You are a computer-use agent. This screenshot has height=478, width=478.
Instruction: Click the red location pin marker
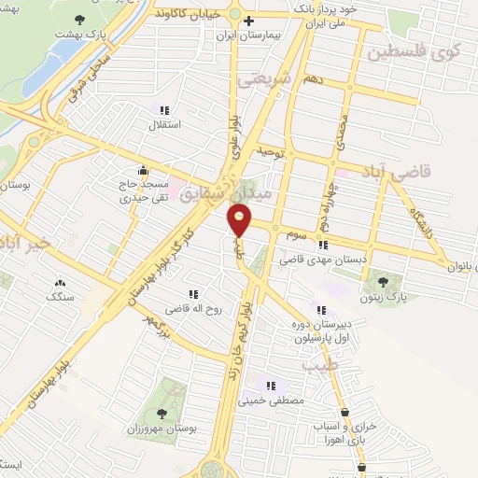pos(240,221)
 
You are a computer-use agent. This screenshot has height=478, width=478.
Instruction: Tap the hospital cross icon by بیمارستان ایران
pos(248,21)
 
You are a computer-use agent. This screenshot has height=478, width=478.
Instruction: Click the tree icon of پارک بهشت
pos(79,20)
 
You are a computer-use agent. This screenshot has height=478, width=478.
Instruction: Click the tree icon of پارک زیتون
pos(384,280)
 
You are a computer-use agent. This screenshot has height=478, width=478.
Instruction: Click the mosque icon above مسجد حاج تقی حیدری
pos(143,170)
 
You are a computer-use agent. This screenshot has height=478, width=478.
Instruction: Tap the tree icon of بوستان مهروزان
pos(162,412)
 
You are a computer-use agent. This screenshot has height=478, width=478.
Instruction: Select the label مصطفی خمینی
pos(272,402)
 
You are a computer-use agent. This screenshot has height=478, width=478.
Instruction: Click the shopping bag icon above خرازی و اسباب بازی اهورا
pos(344,412)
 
